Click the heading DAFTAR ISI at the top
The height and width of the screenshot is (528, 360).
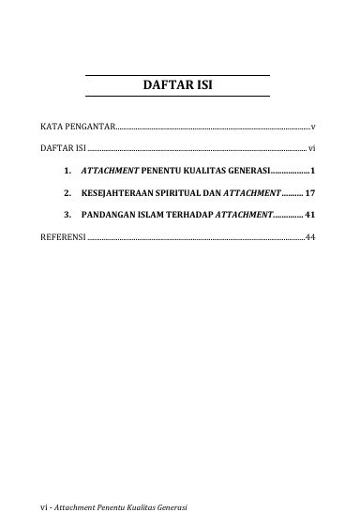point(177,86)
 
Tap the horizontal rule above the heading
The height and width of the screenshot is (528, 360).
point(177,75)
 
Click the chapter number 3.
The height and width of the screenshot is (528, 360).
point(68,215)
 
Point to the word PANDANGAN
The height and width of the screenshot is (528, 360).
point(111,215)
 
